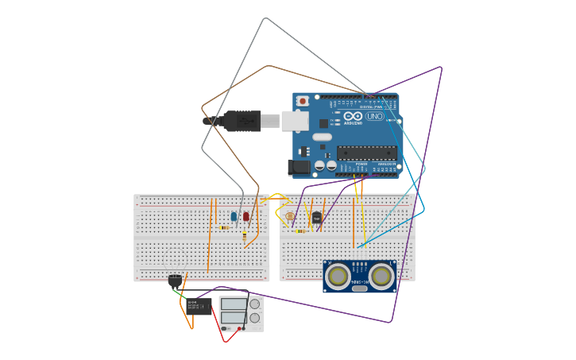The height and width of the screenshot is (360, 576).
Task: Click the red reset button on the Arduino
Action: pos(303,101)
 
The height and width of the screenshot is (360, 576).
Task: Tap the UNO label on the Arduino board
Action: pos(374,116)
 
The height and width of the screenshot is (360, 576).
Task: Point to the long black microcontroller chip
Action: pos(365,153)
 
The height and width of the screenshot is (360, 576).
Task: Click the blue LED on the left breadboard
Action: pos(234,216)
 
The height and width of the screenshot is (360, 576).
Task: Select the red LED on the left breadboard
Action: pos(245,216)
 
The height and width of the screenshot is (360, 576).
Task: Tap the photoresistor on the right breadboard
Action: pos(289,216)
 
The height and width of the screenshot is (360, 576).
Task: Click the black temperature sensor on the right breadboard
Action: pos(317,217)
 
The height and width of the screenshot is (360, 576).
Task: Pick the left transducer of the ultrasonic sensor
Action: pos(339,276)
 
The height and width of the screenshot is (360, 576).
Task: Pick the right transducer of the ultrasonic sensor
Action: pos(381,276)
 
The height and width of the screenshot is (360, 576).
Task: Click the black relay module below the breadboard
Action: pos(199,306)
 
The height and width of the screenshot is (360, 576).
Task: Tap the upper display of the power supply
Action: pos(234,304)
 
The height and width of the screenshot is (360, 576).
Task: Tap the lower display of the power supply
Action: pos(234,317)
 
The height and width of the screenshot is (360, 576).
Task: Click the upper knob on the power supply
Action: pos(255,304)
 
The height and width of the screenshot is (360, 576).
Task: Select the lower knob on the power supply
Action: pos(255,318)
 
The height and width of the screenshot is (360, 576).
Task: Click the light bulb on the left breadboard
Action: pos(175,281)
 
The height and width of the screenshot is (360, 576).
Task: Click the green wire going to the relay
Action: pos(180,295)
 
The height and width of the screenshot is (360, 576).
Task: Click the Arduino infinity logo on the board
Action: pos(353,116)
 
